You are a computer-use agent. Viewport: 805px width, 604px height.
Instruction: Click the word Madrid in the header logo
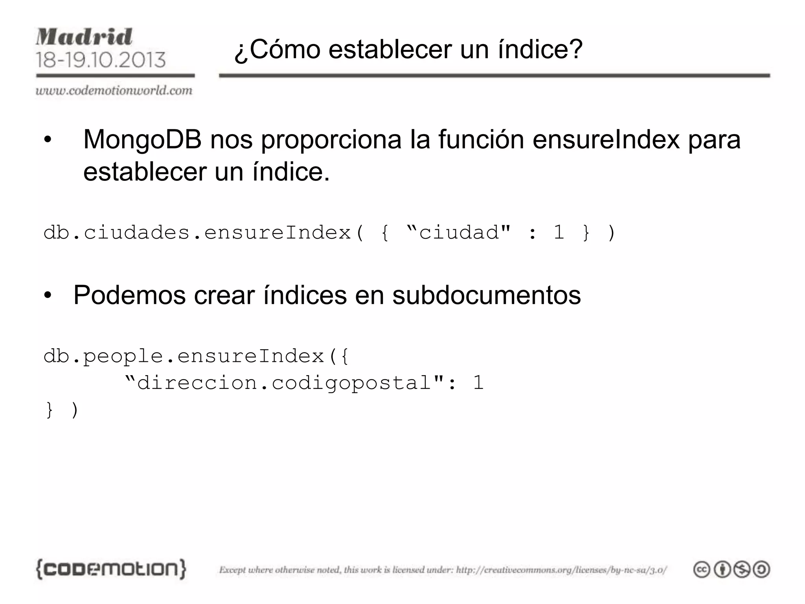tap(84, 37)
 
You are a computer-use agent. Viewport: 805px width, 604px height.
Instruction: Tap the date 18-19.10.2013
tap(101, 60)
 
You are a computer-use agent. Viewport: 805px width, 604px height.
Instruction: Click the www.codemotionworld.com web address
tap(114, 90)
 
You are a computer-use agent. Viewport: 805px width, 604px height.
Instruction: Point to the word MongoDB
tap(142, 140)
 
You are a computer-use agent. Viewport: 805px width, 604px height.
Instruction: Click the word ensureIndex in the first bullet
tap(606, 140)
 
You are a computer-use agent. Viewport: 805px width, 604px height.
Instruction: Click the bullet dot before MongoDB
tap(48, 140)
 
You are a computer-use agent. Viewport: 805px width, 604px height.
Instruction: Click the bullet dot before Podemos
tap(48, 296)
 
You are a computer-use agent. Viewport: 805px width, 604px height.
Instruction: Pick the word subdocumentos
tap(486, 295)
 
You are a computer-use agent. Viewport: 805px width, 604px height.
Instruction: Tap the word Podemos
tap(129, 295)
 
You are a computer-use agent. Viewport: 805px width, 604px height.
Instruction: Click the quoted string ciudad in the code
tap(458, 232)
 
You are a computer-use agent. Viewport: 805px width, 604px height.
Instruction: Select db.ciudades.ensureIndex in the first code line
tap(197, 232)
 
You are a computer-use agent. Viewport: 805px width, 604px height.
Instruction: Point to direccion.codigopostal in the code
tap(284, 383)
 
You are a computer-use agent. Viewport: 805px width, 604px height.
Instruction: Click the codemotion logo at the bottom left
tap(111, 569)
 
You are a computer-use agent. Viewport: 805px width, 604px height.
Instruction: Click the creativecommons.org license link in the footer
tap(561, 570)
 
